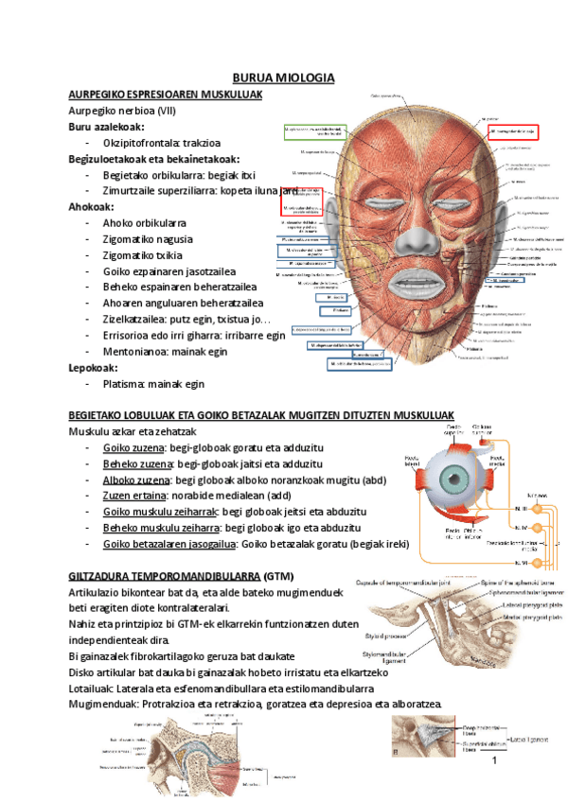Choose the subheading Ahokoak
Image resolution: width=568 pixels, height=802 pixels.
pyautogui.click(x=92, y=206)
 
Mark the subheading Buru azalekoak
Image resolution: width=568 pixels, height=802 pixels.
pyautogui.click(x=106, y=127)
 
